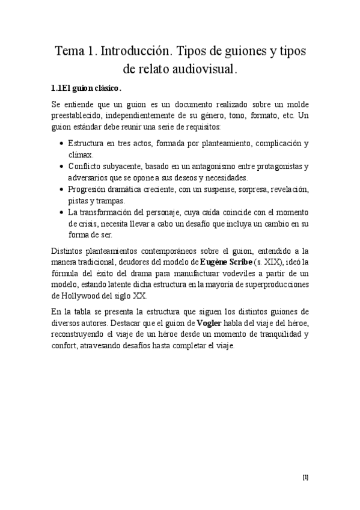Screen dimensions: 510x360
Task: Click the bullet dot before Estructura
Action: (x=63, y=144)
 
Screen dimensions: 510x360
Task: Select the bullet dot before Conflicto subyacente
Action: (x=63, y=167)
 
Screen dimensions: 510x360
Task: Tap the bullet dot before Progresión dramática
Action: (x=63, y=189)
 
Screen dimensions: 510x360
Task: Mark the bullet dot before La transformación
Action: (x=63, y=212)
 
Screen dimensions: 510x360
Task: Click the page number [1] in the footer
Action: (x=305, y=478)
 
